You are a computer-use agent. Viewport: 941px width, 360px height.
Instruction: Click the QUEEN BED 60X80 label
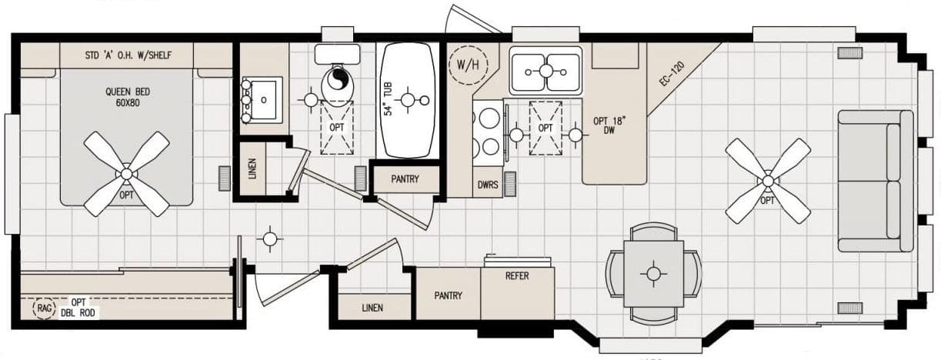click(x=127, y=96)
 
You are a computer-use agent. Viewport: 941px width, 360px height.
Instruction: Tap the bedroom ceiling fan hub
click(x=126, y=175)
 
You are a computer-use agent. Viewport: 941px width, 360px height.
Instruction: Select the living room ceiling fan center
click(x=767, y=182)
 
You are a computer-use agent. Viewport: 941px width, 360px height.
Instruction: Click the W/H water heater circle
click(x=466, y=64)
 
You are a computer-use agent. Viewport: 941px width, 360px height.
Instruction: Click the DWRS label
click(x=487, y=185)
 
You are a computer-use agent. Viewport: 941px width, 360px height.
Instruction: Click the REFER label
click(x=517, y=276)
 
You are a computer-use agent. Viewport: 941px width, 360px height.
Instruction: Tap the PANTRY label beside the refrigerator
click(x=448, y=295)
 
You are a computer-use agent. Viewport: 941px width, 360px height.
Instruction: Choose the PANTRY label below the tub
click(x=405, y=180)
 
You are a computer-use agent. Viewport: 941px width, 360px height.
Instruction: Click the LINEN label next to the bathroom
click(x=252, y=168)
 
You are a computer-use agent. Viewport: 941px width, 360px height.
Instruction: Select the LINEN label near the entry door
click(x=372, y=308)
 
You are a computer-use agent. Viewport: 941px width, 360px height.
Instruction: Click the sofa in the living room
click(x=876, y=181)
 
